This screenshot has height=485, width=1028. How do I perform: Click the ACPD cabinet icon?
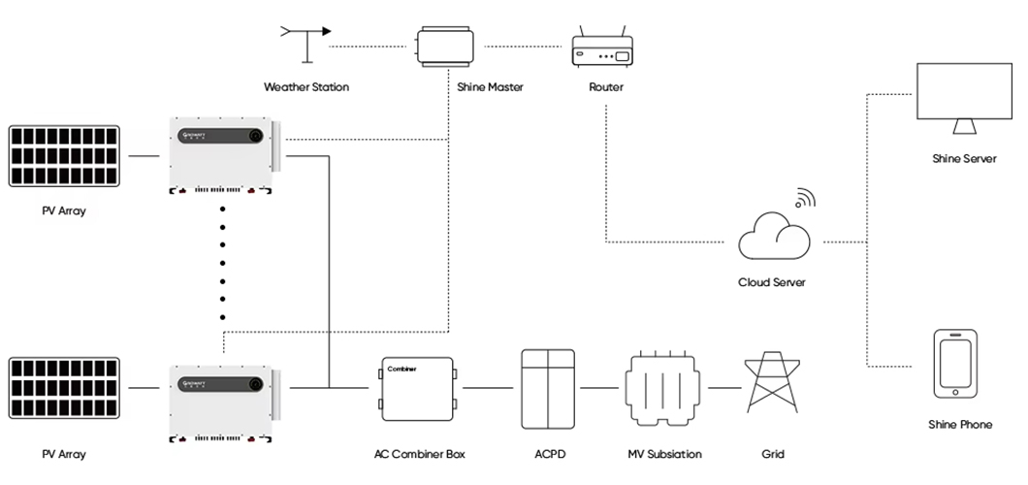pos(549,389)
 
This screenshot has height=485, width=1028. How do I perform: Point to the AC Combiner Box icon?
pos(418,389)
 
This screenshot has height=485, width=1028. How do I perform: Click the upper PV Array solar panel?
pos(64,156)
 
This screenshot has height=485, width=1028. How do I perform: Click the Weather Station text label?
pos(306,87)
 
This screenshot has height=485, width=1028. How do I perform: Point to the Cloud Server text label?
pos(772,282)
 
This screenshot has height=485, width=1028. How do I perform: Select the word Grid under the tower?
pos(773,453)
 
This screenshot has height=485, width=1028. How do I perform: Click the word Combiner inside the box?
pos(402,369)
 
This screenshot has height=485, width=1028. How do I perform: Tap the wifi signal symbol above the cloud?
pos(804,199)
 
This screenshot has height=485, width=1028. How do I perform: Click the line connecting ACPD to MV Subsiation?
pos(598,388)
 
